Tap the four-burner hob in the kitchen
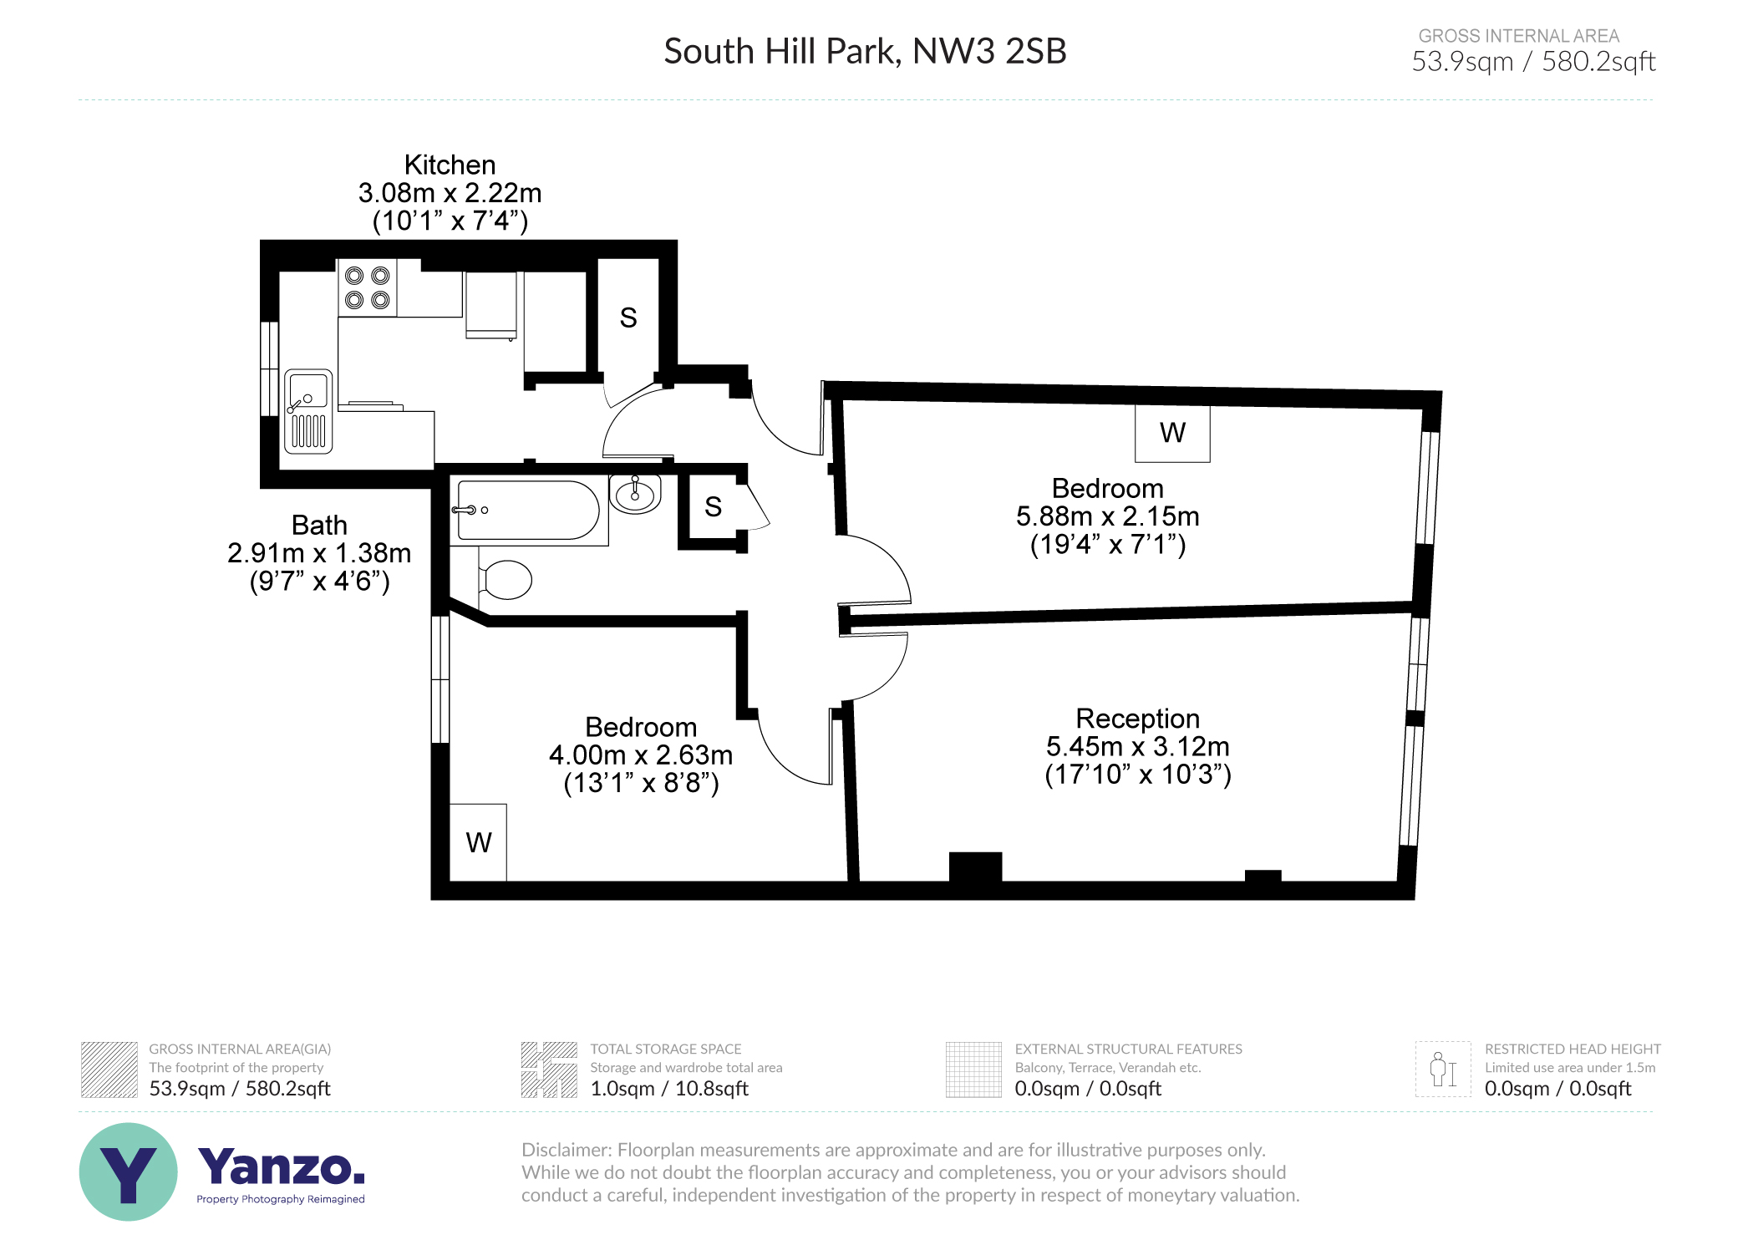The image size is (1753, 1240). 368,287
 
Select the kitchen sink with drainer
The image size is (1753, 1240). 308,411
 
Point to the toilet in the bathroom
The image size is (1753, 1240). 506,579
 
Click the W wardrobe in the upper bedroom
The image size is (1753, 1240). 1171,433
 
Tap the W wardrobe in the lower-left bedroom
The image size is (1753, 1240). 478,841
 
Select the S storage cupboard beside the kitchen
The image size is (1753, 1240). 628,318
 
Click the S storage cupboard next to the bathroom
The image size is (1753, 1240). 712,506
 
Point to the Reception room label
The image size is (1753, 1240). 1136,719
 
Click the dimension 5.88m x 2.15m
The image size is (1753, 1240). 1107,516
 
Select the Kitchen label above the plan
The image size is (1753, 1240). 450,165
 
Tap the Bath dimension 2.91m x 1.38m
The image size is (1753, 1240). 319,553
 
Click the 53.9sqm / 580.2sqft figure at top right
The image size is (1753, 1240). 1532,62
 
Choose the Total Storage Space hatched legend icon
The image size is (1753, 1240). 549,1070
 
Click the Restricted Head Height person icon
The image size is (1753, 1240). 1442,1070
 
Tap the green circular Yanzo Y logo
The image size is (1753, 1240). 129,1171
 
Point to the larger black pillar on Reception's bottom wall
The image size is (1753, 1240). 975,866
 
